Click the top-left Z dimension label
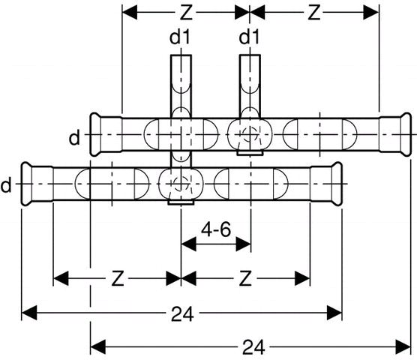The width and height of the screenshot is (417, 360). point(186,13)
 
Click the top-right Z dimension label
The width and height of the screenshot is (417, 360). point(314,13)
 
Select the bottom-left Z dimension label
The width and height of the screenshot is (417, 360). point(118,278)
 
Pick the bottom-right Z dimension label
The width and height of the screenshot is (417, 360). point(245,278)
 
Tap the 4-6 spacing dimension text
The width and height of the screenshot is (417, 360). point(216,229)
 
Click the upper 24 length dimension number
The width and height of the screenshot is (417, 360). point(182,313)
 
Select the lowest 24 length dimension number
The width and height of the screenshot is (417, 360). point(253,347)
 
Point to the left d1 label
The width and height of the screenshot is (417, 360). point(180,37)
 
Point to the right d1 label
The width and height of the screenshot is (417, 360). point(249,37)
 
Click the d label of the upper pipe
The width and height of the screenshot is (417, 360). point(74,138)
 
